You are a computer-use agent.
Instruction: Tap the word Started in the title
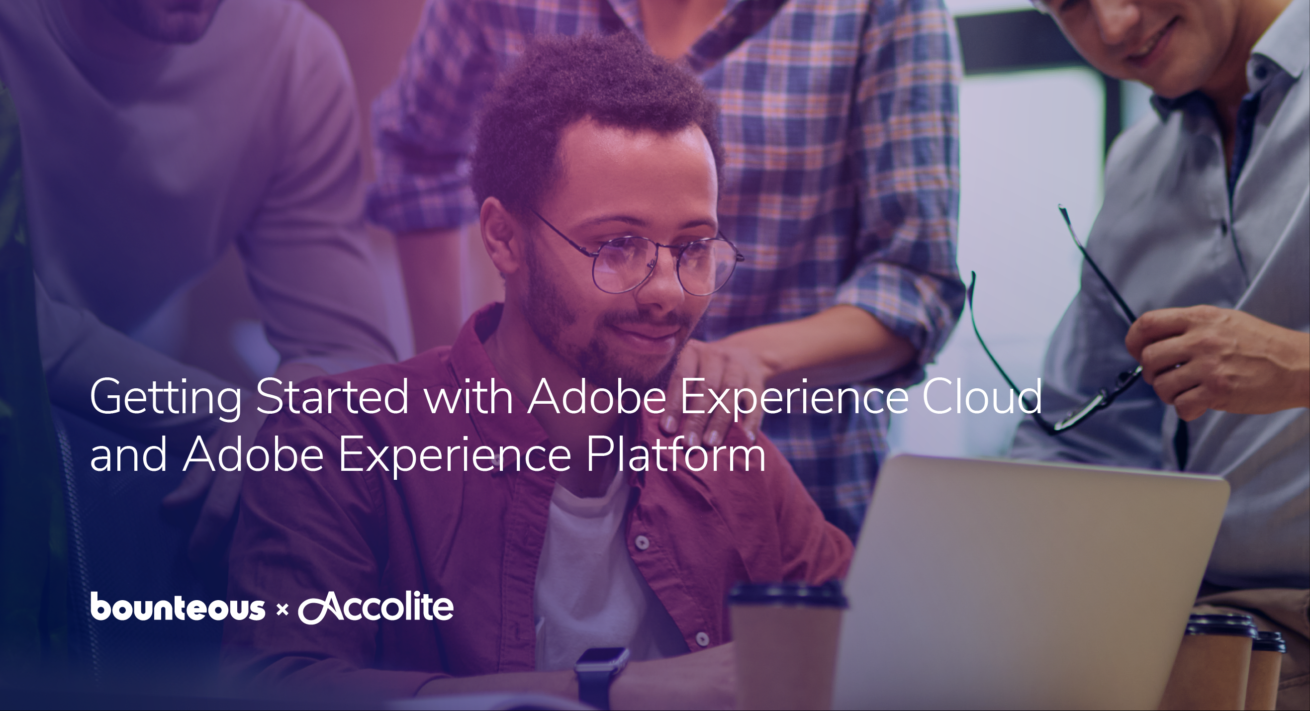pos(332,396)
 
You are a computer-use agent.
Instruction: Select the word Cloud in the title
pos(982,396)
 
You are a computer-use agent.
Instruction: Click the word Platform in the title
pos(676,454)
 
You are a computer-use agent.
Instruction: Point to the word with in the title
pos(468,396)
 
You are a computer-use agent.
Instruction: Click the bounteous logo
pos(178,606)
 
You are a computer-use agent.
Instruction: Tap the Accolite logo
pos(376,607)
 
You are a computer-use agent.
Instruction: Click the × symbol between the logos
pos(281,609)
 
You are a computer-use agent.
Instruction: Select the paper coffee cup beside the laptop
pos(786,645)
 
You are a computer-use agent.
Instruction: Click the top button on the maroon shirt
pos(642,543)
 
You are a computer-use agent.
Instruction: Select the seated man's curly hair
pos(590,112)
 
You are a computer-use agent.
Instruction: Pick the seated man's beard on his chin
pos(636,358)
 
